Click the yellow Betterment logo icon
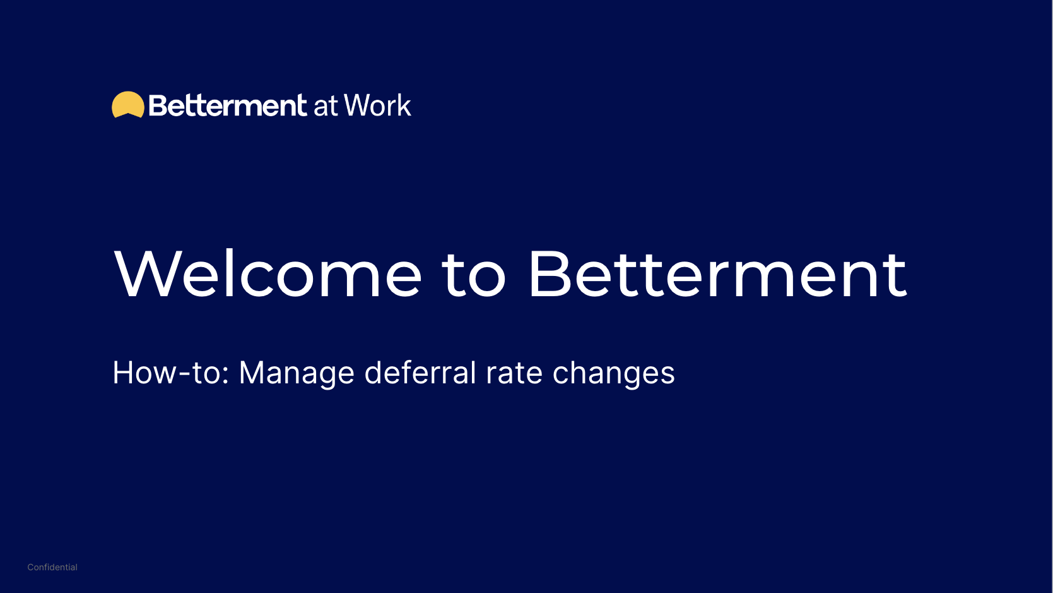pos(128,105)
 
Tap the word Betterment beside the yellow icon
pos(228,105)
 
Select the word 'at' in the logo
pos(326,106)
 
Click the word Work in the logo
pos(377,105)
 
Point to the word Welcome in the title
pos(268,274)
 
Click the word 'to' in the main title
pos(474,275)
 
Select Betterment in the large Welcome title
pos(717,274)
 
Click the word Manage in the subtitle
pos(297,373)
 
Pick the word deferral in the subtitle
pos(420,373)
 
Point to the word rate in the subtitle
pos(514,373)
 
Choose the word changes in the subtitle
pos(613,373)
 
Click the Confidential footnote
pos(52,567)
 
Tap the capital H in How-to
pos(124,373)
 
